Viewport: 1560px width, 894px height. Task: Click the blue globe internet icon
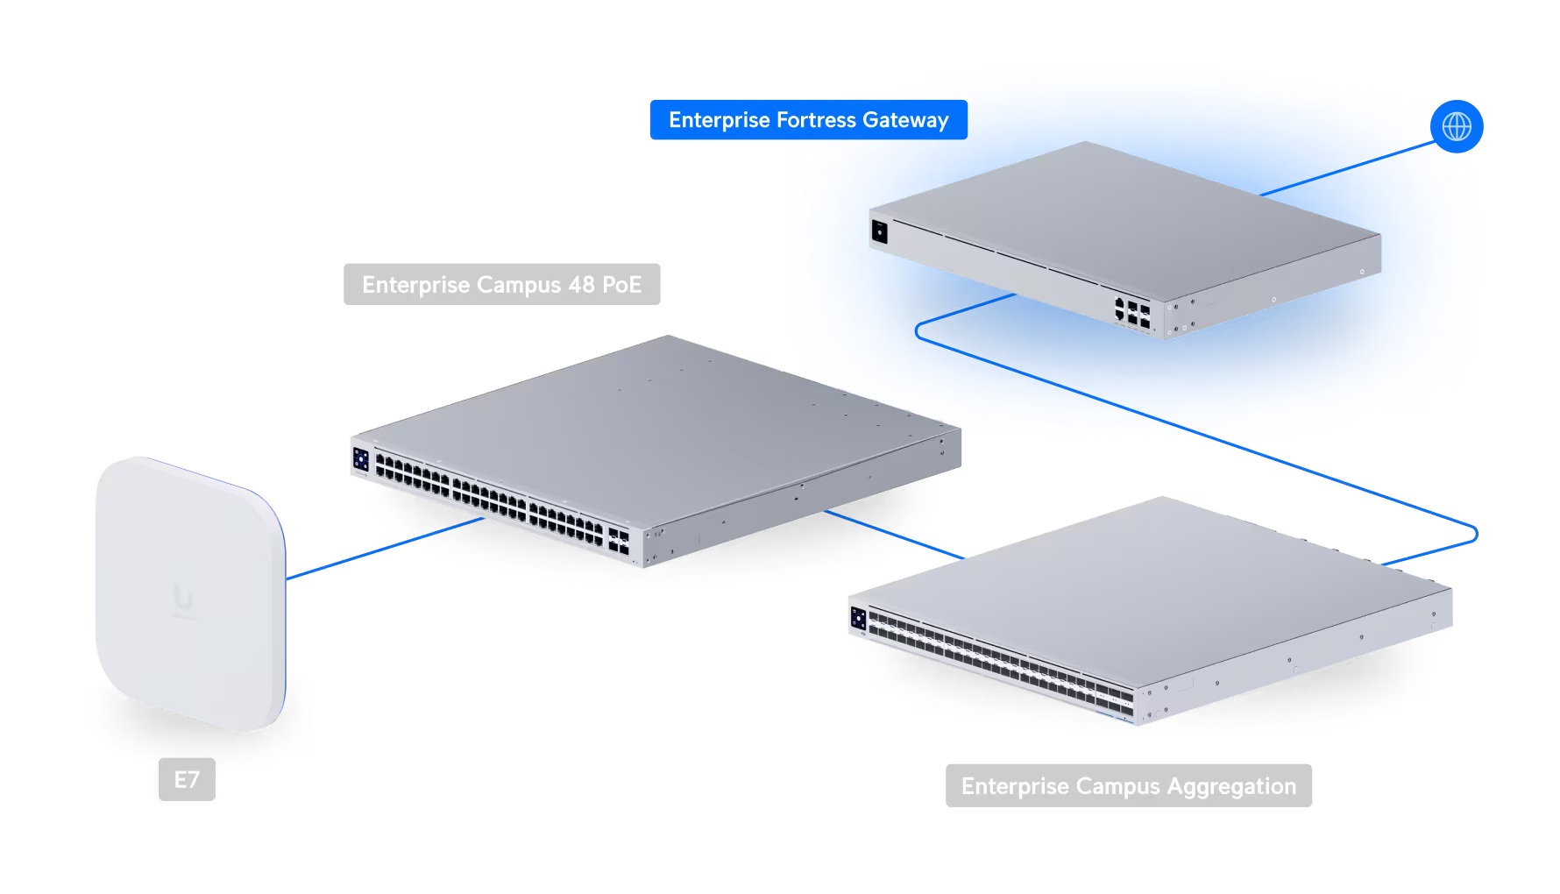point(1456,126)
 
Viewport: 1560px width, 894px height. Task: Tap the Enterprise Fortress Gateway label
point(808,120)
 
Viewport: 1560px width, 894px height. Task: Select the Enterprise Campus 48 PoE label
point(501,285)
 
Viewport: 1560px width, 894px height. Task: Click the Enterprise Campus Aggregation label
point(1128,786)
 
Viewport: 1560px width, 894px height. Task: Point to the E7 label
point(187,779)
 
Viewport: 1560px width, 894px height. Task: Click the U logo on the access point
point(182,599)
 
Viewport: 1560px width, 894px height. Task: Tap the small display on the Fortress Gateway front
point(879,232)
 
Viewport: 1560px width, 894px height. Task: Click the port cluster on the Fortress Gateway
point(1131,313)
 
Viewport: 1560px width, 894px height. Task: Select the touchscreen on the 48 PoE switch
point(360,459)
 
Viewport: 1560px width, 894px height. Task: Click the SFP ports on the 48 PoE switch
point(618,541)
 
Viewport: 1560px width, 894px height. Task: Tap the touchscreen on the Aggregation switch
point(858,619)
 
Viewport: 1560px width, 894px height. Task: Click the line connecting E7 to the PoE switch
point(386,548)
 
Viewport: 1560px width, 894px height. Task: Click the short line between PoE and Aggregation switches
point(894,534)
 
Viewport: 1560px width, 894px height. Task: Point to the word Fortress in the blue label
point(816,120)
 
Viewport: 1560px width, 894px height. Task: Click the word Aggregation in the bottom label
point(1230,786)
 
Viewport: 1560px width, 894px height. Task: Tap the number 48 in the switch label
point(581,285)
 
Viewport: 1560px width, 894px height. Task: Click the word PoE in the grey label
point(621,285)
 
